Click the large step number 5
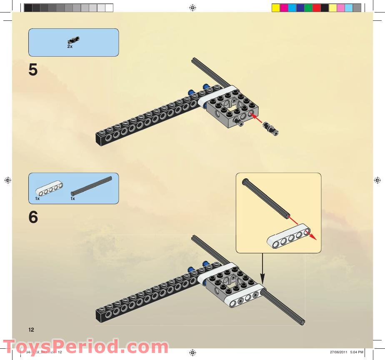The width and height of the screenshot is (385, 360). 33,70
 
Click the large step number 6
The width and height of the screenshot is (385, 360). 33,217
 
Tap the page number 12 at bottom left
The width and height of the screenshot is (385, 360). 31,330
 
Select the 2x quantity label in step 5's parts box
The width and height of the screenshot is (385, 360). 70,47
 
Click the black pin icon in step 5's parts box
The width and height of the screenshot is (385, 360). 73,40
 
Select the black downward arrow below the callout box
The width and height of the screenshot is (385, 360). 262,267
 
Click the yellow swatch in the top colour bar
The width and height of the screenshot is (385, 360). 275,7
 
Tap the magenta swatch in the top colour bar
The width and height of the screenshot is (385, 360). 284,7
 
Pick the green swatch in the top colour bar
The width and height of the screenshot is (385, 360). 308,7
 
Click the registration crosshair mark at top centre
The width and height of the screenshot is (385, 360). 192,7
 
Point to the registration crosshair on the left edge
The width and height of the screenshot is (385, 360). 7,180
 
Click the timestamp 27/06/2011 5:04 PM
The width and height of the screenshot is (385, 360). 346,352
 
